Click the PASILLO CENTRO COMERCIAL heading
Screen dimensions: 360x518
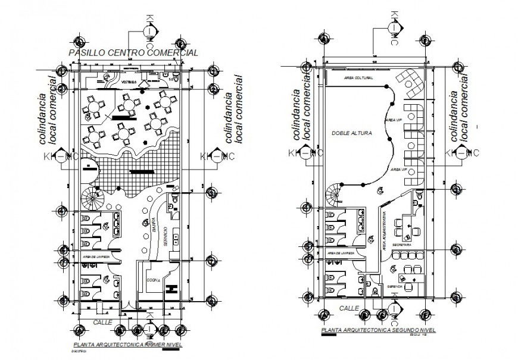[x=133, y=54]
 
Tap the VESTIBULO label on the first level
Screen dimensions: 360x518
[x=129, y=82]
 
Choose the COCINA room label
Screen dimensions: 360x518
[x=152, y=282]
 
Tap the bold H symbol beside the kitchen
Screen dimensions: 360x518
[x=172, y=290]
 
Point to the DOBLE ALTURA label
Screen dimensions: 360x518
[x=352, y=134]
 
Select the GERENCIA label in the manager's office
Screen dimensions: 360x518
[x=395, y=287]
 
